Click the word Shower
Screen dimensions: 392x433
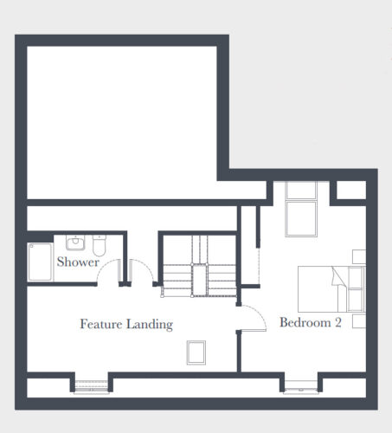78,262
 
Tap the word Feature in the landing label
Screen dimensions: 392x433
101,324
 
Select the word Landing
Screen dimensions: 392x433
150,325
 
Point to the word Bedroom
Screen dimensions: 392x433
305,322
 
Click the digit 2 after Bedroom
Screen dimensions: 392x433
338,322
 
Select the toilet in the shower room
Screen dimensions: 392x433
100,245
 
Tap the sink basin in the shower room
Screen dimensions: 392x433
75,242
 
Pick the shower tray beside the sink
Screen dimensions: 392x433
40,262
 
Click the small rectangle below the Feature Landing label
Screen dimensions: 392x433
196,352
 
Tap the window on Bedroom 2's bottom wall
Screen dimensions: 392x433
301,387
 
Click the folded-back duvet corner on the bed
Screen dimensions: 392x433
337,276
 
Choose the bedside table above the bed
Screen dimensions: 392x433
359,256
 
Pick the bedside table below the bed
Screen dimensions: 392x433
359,321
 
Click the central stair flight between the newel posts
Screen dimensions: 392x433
200,280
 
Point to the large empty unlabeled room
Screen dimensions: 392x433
122,122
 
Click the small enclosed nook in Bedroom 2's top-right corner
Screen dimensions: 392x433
351,190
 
